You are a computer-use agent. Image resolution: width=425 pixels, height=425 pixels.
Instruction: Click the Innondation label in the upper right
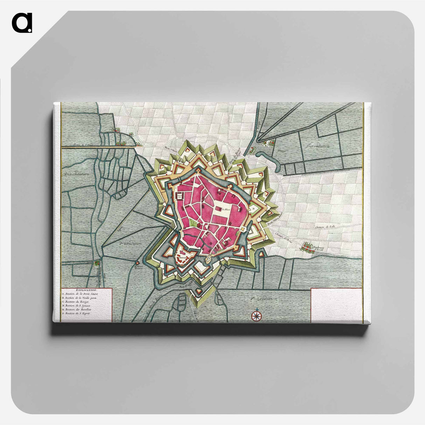(x=318, y=146)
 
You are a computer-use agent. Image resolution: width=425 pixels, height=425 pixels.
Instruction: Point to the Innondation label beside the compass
(x=264, y=299)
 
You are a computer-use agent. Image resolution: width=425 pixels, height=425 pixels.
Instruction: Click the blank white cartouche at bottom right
(x=336, y=305)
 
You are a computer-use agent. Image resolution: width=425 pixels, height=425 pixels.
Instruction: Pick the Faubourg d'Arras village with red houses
(x=307, y=247)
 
